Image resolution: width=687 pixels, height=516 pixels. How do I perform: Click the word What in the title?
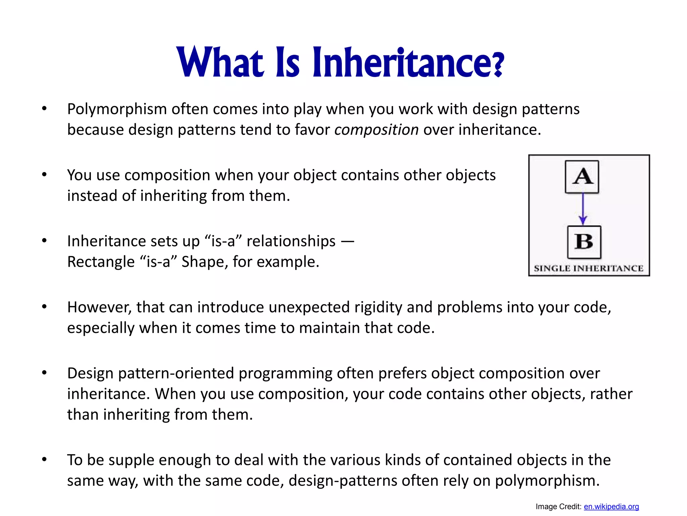(219, 62)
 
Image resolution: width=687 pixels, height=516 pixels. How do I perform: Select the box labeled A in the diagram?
(582, 177)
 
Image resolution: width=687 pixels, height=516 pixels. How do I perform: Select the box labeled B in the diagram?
(584, 242)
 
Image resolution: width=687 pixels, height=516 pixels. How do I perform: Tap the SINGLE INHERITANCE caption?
(589, 268)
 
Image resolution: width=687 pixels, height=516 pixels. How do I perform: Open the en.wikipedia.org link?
(611, 507)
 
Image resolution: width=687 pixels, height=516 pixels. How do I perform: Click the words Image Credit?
(558, 507)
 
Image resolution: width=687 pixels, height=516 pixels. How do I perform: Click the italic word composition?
(376, 130)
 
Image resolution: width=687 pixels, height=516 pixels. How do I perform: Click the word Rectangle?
(101, 262)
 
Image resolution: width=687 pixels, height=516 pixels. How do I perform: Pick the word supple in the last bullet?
(126, 460)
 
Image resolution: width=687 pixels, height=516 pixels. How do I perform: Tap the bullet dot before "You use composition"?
(44, 175)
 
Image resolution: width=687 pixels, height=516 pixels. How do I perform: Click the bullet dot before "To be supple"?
(44, 460)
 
